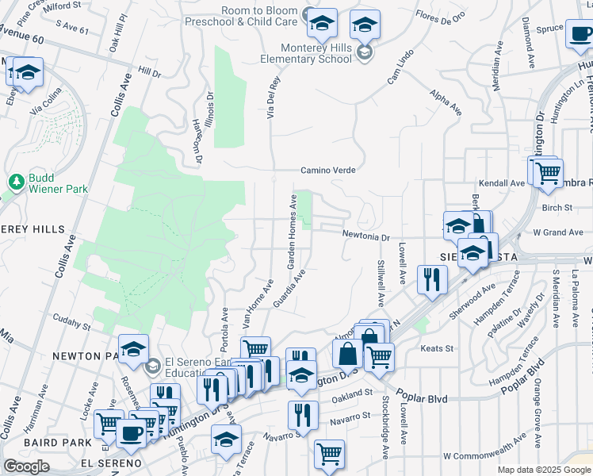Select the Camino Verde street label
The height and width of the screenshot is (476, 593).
point(327,170)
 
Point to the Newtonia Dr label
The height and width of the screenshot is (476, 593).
point(366,236)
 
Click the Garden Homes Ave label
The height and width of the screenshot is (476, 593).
point(292,230)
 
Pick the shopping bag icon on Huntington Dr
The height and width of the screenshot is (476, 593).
point(346,355)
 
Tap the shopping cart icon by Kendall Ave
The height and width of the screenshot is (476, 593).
point(548,172)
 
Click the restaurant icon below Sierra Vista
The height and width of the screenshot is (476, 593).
point(432,279)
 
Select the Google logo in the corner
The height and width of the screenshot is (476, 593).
point(26,466)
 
